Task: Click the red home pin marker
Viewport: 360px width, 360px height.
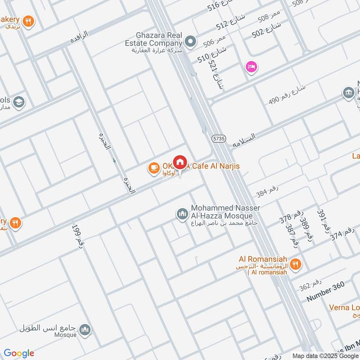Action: [x=180, y=162]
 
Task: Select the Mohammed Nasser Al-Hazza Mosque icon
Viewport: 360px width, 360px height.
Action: [x=182, y=214]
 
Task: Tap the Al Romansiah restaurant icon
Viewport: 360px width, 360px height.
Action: [x=296, y=264]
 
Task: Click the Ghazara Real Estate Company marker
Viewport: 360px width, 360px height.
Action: [x=190, y=41]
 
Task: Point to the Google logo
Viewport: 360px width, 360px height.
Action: [x=19, y=353]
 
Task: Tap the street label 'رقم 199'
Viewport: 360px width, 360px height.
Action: [x=76, y=234]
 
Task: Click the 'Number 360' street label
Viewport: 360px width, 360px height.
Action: [x=325, y=292]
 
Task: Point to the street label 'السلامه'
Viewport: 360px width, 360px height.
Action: [x=244, y=140]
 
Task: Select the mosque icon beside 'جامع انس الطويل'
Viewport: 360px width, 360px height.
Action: [x=85, y=331]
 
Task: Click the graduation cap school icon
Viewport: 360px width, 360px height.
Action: [x=18, y=102]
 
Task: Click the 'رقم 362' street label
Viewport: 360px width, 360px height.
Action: [x=310, y=285]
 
